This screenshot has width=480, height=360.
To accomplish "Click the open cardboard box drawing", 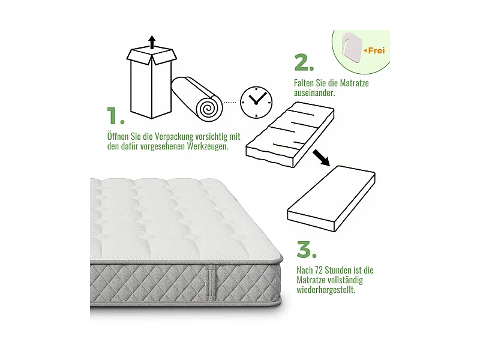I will (x=152, y=83).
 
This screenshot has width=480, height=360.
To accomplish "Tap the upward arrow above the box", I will (x=152, y=41).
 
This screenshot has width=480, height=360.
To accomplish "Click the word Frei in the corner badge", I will (x=376, y=50).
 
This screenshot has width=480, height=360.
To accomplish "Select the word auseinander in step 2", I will (x=314, y=94).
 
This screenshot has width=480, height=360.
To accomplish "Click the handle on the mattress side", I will (x=209, y=281).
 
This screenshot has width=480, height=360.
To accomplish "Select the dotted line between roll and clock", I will (x=230, y=103).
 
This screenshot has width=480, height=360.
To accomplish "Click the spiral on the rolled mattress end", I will (x=208, y=107).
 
